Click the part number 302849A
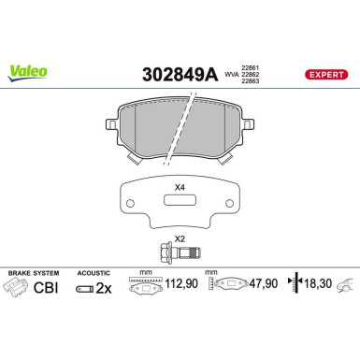pos(178,73)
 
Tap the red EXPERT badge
pos(327,73)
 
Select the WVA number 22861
pos(251,65)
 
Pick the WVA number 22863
pos(251,82)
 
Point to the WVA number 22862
pos(251,74)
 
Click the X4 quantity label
pos(180,187)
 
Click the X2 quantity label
pos(180,238)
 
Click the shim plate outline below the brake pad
pos(180,206)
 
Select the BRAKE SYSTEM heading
pos(33,272)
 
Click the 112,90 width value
pos(182,287)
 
